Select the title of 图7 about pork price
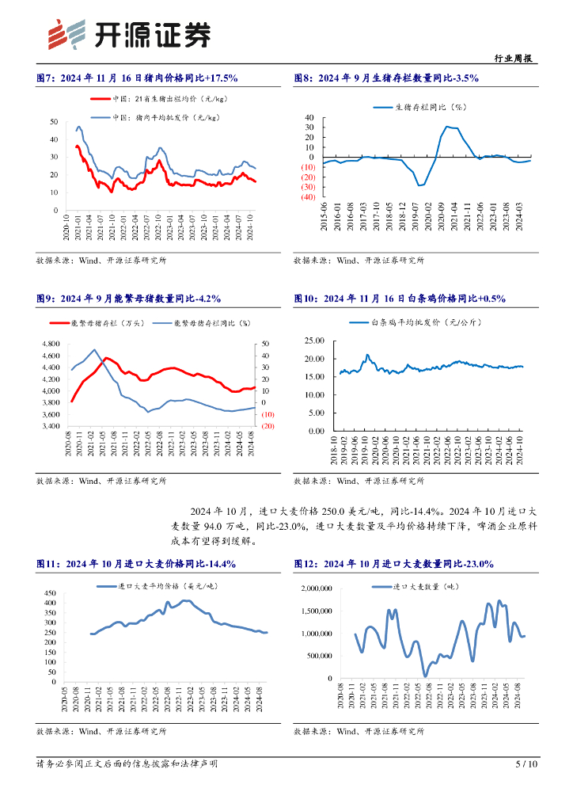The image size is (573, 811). click(138, 78)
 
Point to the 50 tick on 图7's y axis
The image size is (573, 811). click(54, 121)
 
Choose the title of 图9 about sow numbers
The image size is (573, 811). click(129, 299)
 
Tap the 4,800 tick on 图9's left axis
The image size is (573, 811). click(49, 344)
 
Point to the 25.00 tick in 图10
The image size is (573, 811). click(314, 341)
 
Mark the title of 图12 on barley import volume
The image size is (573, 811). click(393, 563)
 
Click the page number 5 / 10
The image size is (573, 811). click(526, 764)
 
